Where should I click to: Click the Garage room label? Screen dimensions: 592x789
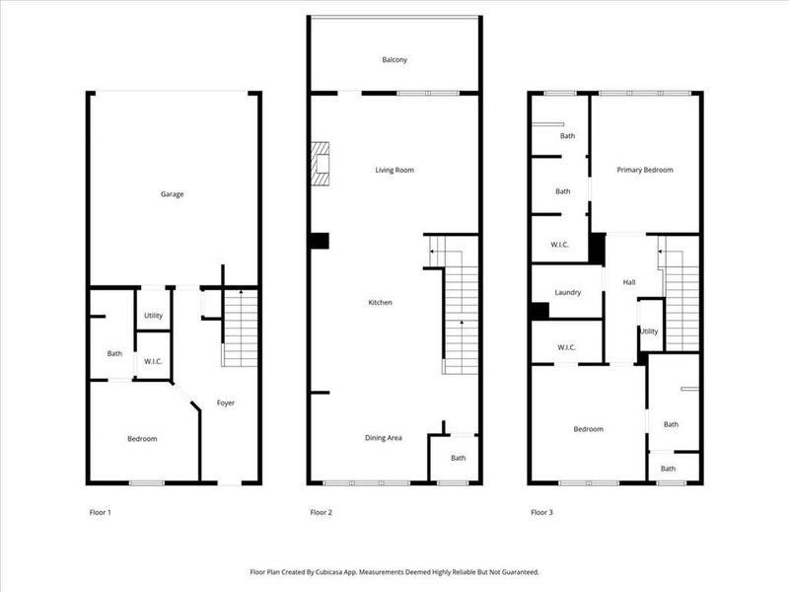173,194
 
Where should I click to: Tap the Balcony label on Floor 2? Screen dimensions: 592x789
394,60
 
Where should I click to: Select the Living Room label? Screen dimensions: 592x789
394,171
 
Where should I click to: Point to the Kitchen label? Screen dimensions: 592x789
380,302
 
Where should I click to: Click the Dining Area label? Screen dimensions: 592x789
383,437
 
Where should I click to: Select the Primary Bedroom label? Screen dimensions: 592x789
645,171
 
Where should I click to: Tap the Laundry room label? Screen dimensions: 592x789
567,293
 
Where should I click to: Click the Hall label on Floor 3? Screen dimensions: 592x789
629,283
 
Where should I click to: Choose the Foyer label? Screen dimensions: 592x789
226,403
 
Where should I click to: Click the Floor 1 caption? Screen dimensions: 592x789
101,512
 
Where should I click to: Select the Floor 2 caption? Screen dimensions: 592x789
322,512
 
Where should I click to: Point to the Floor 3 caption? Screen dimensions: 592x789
542,512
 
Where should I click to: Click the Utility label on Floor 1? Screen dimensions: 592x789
153,316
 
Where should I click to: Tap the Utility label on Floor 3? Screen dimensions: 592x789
649,332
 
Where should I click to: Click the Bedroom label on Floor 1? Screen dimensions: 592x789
142,438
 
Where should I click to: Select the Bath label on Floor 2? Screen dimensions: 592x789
459,458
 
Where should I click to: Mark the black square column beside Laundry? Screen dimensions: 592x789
538,311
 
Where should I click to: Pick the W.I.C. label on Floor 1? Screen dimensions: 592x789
153,360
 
